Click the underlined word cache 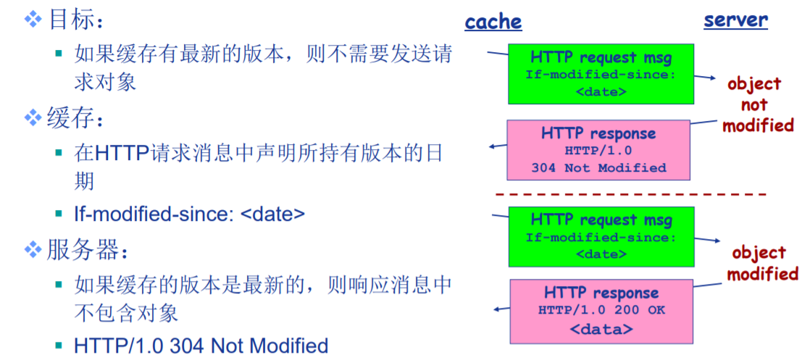[493, 22]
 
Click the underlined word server [735, 20]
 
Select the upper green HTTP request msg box [601, 73]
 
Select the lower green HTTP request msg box [601, 236]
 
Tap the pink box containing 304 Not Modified [598, 150]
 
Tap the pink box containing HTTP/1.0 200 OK [601, 311]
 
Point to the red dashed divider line [630, 195]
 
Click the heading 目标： [72, 20]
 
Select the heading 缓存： [72, 118]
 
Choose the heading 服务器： [83, 251]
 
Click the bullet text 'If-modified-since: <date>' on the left [189, 214]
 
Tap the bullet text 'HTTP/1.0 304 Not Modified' [201, 346]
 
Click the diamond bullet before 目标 [33, 20]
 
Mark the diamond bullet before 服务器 [33, 251]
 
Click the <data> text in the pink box [601, 330]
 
